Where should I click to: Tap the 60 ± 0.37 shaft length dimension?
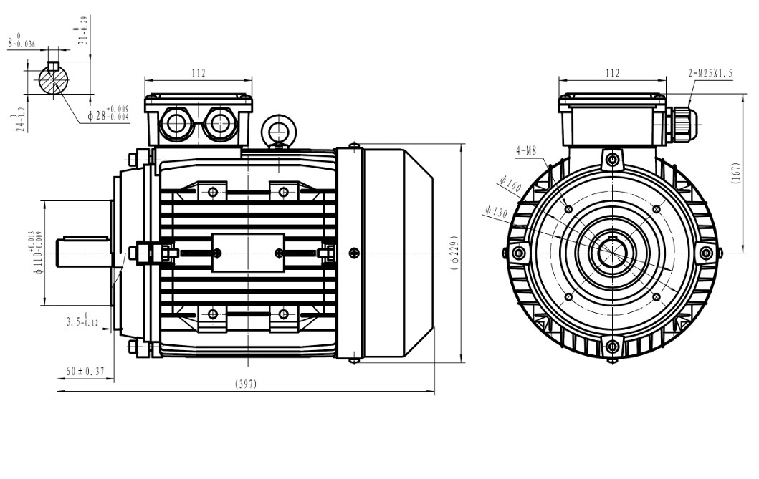85,371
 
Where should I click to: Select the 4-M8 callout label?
526,150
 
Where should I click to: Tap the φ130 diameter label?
496,212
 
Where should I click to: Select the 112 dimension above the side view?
198,73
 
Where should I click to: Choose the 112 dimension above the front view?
611,73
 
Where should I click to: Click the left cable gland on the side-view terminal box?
176,124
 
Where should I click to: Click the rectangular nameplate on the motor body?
247,252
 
